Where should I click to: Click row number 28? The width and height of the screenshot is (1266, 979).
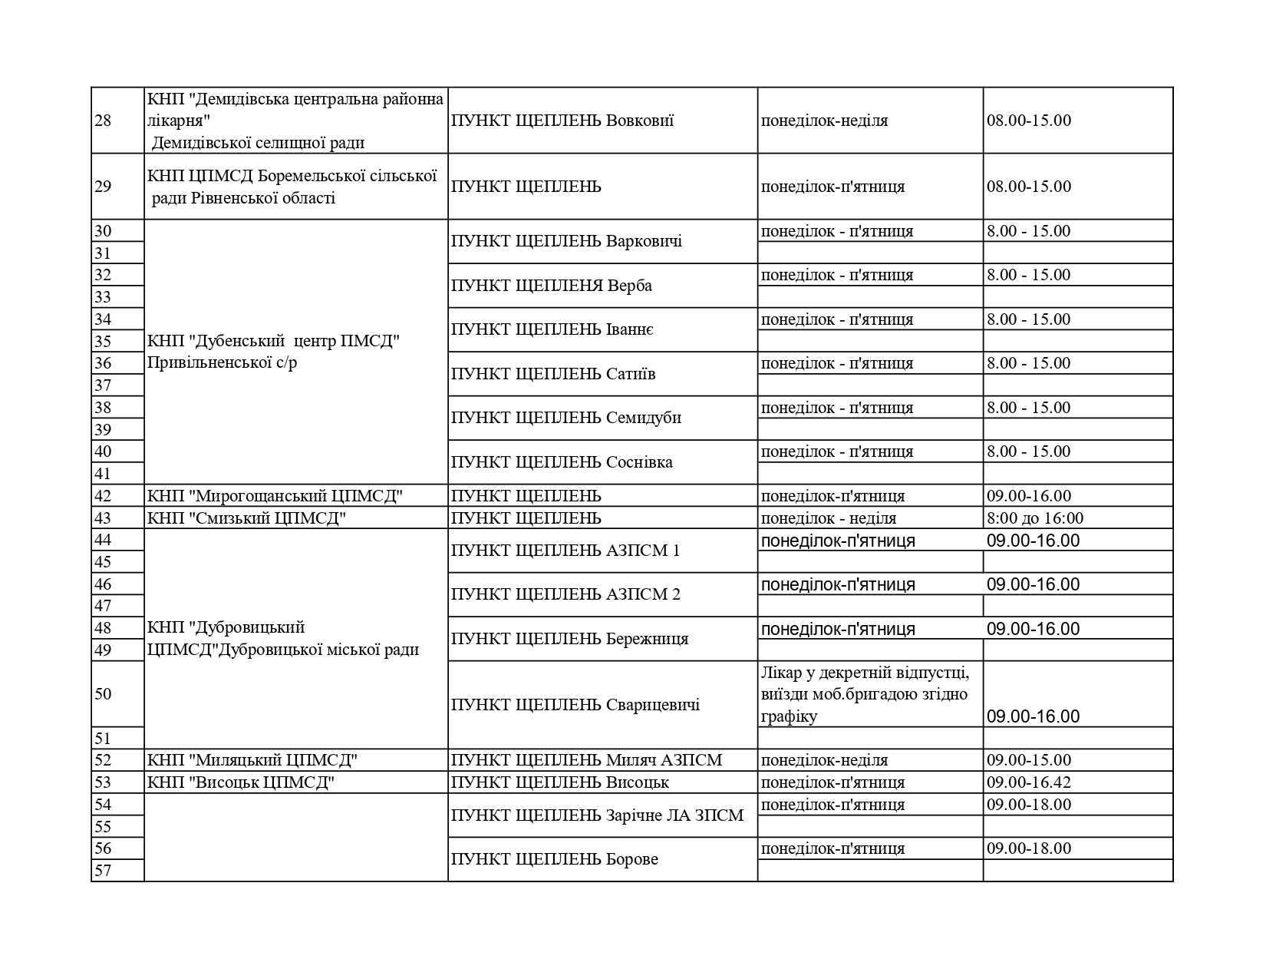pyautogui.click(x=103, y=121)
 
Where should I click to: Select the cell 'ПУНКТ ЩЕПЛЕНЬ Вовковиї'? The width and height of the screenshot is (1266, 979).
pyautogui.click(x=562, y=121)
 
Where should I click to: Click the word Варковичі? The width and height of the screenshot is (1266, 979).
pyautogui.click(x=644, y=241)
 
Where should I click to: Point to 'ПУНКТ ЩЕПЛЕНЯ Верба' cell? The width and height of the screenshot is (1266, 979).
pyautogui.click(x=552, y=286)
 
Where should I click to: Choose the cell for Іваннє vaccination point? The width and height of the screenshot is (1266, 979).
pyautogui.click(x=552, y=329)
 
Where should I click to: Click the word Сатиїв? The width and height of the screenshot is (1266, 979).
pyautogui.click(x=631, y=374)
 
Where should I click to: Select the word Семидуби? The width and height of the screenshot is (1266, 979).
pyautogui.click(x=643, y=418)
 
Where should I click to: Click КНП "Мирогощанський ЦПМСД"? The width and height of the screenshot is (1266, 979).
pyautogui.click(x=275, y=496)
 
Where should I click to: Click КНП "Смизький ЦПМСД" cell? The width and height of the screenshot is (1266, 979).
pyautogui.click(x=246, y=518)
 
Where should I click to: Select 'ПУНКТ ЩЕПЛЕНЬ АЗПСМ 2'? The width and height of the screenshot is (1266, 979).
pyautogui.click(x=565, y=594)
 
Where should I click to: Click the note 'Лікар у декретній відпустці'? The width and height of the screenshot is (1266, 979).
pyautogui.click(x=865, y=673)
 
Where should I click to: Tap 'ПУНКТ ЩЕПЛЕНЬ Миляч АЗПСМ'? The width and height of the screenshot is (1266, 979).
pyautogui.click(x=586, y=760)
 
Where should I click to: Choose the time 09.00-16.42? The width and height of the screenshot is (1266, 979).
pyautogui.click(x=1028, y=782)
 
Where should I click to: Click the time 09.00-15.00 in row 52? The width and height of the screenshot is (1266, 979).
pyautogui.click(x=1028, y=760)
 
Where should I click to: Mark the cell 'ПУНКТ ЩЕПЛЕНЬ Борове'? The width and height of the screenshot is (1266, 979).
pyautogui.click(x=555, y=859)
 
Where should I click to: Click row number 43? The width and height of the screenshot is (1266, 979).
pyautogui.click(x=103, y=518)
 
